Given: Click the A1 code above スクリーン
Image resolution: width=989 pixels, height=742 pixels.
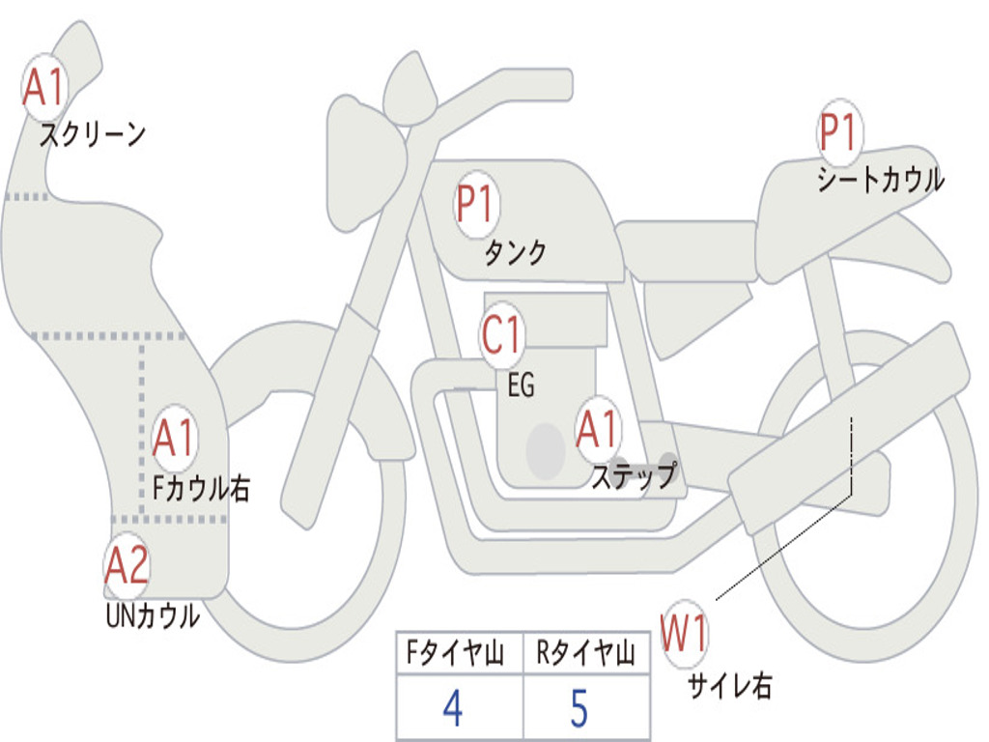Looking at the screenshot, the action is tap(43, 88).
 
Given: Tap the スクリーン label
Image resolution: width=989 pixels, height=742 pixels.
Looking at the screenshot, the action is tap(93, 134).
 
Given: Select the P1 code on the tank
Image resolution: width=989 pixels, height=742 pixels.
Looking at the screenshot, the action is tap(475, 206).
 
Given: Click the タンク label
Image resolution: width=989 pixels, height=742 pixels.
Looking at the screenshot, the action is tap(516, 253).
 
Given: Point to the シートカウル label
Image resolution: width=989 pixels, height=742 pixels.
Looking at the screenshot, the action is tap(880, 181).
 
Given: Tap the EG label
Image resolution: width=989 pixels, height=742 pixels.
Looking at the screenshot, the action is tap(521, 385).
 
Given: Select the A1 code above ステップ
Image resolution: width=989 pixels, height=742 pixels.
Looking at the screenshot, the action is tap(597, 430).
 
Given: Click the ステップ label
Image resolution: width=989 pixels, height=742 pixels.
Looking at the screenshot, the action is tap(634, 476).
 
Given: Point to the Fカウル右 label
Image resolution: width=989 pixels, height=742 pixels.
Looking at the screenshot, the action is tap(202, 489).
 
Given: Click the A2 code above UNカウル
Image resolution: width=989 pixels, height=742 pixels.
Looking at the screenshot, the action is tap(127, 566).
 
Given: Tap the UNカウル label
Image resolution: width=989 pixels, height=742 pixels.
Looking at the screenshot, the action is tap(152, 615).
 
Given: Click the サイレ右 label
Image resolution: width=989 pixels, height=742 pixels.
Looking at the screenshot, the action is tap(730, 686).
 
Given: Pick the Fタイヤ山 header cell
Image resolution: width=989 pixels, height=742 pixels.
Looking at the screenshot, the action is tap(458, 655).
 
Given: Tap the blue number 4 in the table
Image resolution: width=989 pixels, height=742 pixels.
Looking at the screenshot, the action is tap(452, 708).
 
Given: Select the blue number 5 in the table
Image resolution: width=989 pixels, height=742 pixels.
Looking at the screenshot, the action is tap(579, 708).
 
